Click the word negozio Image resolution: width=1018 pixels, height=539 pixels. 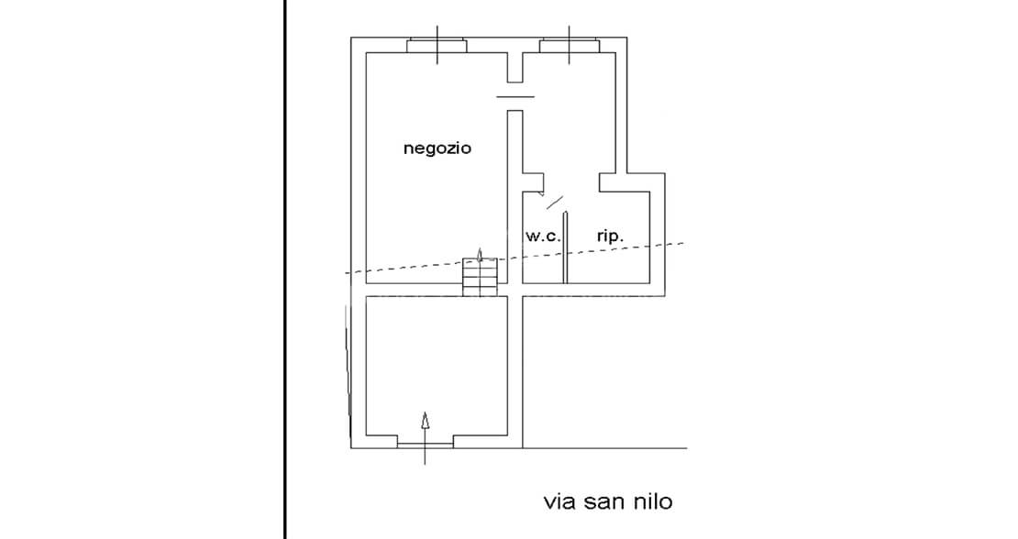pyautogui.click(x=437, y=148)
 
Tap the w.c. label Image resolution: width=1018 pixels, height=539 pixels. pyautogui.click(x=543, y=236)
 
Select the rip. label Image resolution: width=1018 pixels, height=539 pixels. pyautogui.click(x=610, y=236)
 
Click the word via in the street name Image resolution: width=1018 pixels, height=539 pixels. pyautogui.click(x=560, y=501)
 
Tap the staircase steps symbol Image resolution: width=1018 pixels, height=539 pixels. pyautogui.click(x=480, y=277)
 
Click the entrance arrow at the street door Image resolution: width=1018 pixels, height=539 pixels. pyautogui.click(x=425, y=438)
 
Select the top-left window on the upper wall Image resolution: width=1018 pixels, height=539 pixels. pyautogui.click(x=437, y=45)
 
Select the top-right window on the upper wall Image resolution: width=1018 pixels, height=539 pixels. pyautogui.click(x=570, y=45)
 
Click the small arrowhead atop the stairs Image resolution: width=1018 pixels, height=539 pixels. pyautogui.click(x=480, y=253)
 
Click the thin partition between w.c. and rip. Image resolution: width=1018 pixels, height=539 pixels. pyautogui.click(x=565, y=247)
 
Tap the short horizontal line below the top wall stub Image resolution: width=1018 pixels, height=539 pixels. pyautogui.click(x=515, y=96)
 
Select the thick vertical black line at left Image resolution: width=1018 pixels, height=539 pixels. pyautogui.click(x=285, y=269)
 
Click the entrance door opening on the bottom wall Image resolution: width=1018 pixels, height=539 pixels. pyautogui.click(x=426, y=445)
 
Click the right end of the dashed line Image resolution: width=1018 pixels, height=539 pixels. pyautogui.click(x=683, y=243)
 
